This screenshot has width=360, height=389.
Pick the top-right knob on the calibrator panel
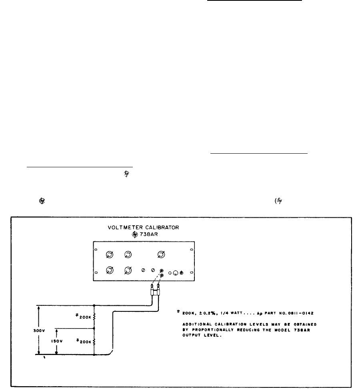(162, 254)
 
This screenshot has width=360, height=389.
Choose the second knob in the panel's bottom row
(128, 271)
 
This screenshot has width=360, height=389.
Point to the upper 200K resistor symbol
(94, 317)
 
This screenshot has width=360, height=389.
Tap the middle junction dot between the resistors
(94, 328)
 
